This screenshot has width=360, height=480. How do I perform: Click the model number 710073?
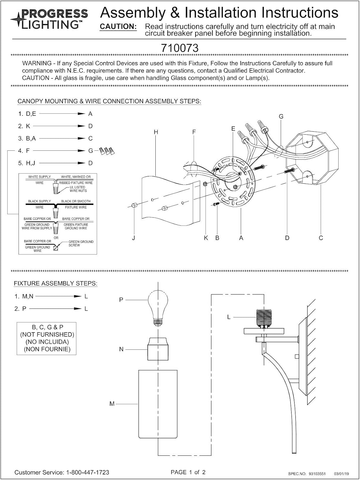(x=180, y=48)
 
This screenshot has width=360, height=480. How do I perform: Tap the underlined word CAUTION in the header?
(x=118, y=27)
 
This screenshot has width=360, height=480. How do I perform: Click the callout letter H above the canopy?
(x=156, y=132)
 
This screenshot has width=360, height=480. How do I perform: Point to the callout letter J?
(x=134, y=238)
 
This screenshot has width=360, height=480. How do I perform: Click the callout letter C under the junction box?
(x=321, y=238)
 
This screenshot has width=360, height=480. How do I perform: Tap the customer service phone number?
(x=88, y=472)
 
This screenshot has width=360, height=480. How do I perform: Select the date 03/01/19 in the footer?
(x=342, y=474)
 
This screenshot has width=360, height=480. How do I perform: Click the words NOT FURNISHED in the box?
(x=47, y=334)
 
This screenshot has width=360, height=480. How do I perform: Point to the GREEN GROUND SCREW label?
(x=81, y=244)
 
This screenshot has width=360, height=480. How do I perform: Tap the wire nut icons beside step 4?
(x=107, y=151)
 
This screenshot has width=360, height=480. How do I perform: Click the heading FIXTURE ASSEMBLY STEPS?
(x=56, y=284)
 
